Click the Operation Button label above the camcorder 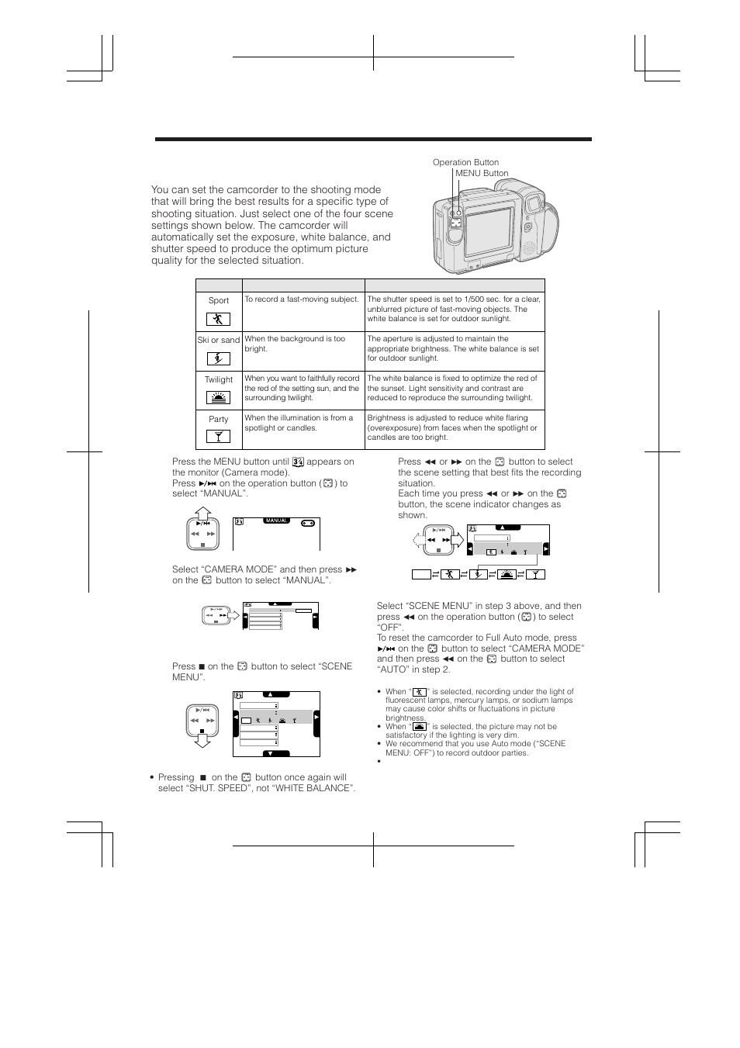(465, 162)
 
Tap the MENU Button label (482, 173)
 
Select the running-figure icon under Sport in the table (218, 319)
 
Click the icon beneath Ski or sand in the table (218, 358)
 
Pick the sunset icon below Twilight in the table (218, 398)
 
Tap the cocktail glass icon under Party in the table (218, 437)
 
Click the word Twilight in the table (218, 379)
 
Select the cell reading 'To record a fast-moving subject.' (302, 299)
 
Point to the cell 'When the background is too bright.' (295, 344)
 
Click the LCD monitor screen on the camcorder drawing (489, 233)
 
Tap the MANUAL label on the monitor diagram (277, 521)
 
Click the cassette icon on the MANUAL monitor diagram (308, 522)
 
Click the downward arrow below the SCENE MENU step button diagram (202, 740)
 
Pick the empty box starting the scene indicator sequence (421, 574)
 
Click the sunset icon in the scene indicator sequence (506, 574)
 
